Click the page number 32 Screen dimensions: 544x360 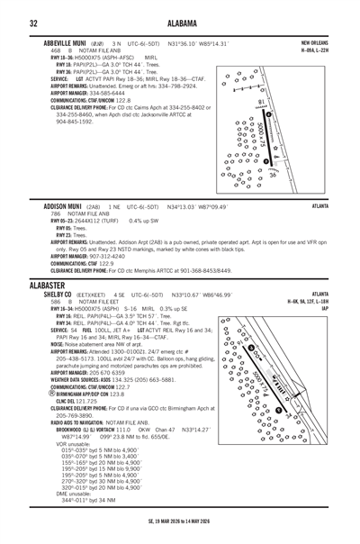pyautogui.click(x=32, y=23)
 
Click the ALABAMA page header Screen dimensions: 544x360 pyautogui.click(x=179, y=23)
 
